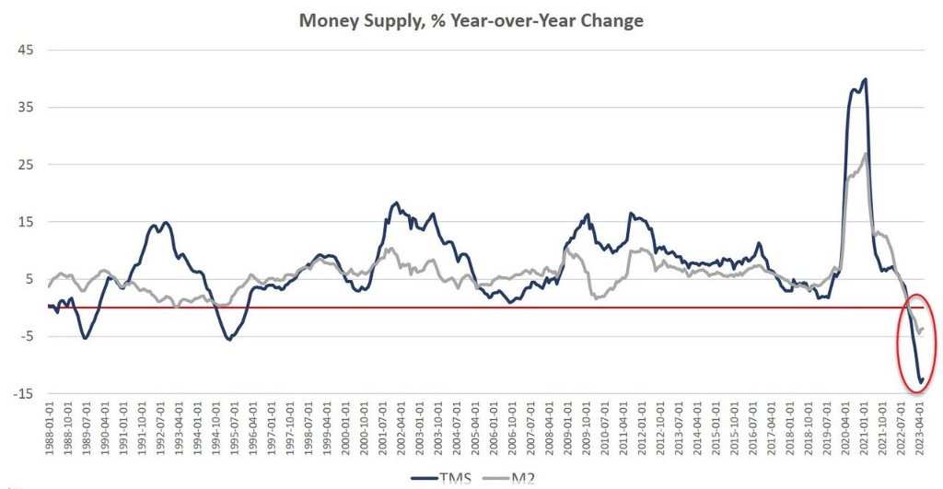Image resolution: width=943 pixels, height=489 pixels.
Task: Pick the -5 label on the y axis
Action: tap(25, 336)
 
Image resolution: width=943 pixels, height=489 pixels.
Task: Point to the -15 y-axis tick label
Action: tap(23, 393)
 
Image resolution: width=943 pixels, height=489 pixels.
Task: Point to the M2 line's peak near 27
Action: tap(866, 153)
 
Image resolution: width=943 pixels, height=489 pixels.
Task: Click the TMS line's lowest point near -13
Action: tap(919, 380)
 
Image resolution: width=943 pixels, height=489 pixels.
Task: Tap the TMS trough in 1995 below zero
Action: tap(229, 340)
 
